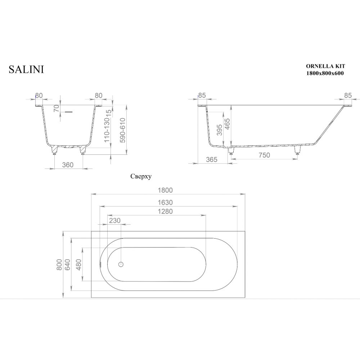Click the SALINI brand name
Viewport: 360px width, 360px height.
(26, 69)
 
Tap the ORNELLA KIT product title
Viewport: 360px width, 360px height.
(325, 66)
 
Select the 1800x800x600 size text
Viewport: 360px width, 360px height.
(325, 73)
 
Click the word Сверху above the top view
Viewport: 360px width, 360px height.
(141, 176)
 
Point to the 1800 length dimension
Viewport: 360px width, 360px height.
(165, 190)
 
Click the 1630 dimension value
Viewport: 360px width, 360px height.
(165, 202)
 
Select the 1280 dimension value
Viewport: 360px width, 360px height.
(165, 211)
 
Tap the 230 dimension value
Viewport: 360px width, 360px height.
(114, 220)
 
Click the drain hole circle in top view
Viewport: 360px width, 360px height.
(121, 265)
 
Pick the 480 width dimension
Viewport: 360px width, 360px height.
(78, 265)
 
